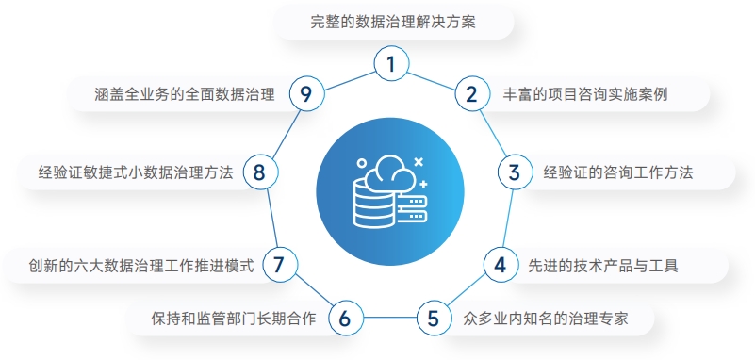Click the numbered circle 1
coord(391,64)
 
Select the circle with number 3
coord(514,172)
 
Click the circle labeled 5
coord(433,318)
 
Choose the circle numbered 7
coord(278,265)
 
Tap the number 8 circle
coord(260,172)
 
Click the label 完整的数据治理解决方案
coord(392,22)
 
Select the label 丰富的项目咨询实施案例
coord(585,94)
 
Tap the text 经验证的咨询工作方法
coord(618,172)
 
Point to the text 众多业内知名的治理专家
coord(546,319)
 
